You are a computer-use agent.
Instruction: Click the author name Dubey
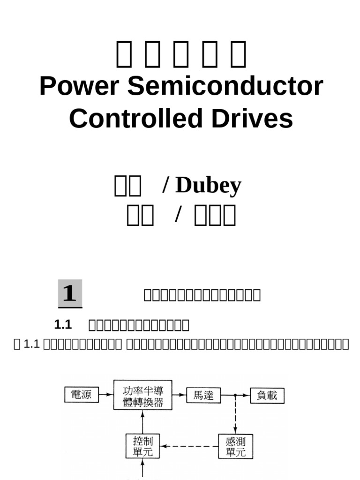click(208, 185)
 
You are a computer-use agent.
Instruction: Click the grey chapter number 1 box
click(70, 293)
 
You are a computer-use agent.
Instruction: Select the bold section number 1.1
click(62, 324)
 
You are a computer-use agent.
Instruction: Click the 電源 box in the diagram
click(81, 395)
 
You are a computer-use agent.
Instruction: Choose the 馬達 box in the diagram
click(203, 395)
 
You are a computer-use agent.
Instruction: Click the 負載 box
click(267, 395)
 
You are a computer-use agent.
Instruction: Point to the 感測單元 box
click(235, 446)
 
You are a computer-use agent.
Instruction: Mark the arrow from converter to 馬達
click(179, 395)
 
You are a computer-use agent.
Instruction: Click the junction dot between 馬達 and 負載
click(235, 395)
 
